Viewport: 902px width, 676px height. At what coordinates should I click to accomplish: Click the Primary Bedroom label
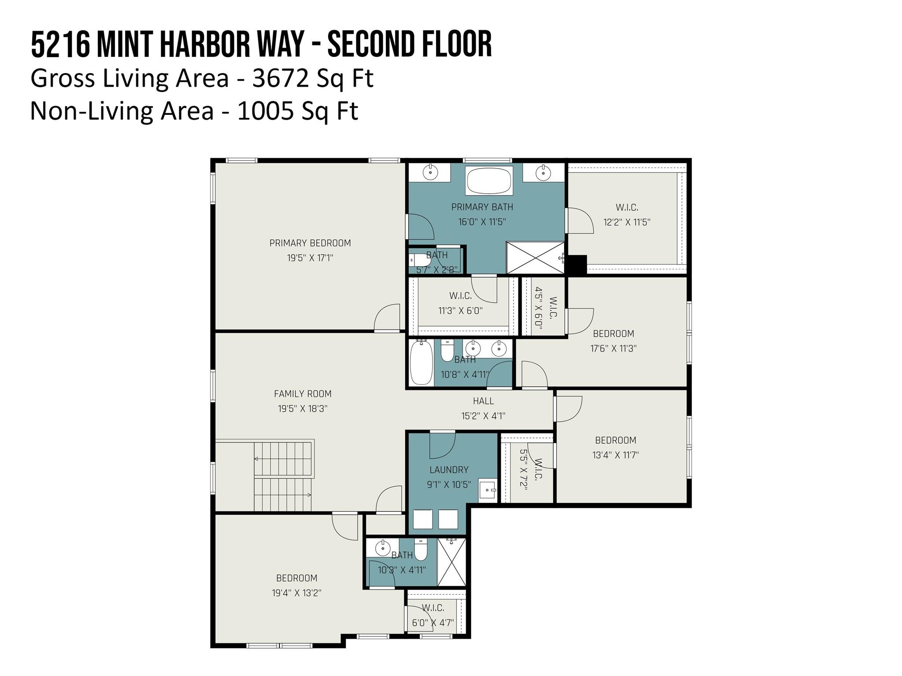(310, 243)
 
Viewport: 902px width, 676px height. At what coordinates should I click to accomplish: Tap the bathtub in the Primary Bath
(489, 181)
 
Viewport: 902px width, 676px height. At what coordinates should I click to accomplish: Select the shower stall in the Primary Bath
(536, 257)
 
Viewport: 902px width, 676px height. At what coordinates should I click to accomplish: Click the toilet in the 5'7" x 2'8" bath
(419, 260)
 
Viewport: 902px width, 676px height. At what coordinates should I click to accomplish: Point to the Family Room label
(303, 394)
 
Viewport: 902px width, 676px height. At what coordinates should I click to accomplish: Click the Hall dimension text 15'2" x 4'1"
(483, 416)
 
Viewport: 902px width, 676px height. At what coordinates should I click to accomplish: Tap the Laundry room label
(449, 470)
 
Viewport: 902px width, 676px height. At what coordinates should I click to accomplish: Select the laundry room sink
(488, 489)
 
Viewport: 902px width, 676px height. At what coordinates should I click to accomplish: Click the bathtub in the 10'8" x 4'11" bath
(421, 363)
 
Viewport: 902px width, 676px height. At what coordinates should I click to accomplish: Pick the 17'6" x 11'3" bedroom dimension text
(614, 349)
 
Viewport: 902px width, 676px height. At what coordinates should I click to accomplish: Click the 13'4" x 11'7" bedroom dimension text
(615, 455)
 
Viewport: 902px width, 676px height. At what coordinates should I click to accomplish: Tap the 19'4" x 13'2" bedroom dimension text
(296, 593)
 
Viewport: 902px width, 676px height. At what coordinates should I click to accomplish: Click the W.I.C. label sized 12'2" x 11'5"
(627, 207)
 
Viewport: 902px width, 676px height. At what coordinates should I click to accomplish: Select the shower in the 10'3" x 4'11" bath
(451, 562)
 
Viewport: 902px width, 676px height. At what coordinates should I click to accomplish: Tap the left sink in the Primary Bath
(430, 172)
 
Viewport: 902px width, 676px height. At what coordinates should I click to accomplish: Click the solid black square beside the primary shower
(576, 265)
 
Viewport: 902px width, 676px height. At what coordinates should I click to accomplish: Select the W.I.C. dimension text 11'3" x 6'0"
(460, 311)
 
